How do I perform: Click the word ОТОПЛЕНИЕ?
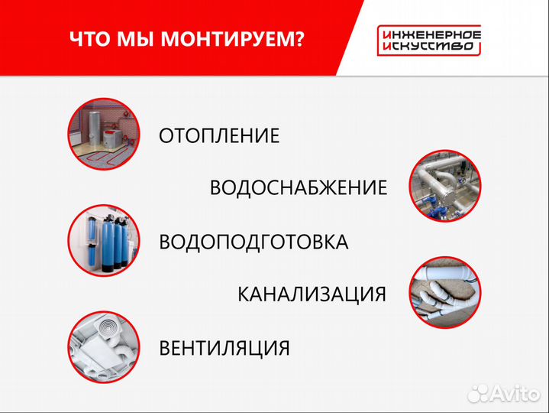pyautogui.click(x=219, y=136)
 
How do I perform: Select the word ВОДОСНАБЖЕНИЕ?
pyautogui.click(x=299, y=188)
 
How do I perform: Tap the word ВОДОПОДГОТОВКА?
pyautogui.click(x=254, y=242)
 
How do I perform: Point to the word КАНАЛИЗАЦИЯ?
pyautogui.click(x=312, y=294)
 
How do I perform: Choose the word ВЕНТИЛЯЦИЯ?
pyautogui.click(x=224, y=349)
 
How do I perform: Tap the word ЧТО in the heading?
pyautogui.click(x=89, y=39)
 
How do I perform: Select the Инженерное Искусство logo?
pyautogui.click(x=428, y=41)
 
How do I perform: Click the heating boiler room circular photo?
pyautogui.click(x=102, y=133)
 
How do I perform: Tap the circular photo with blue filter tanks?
pyautogui.click(x=102, y=239)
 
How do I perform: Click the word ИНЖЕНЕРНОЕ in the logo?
pyautogui.click(x=428, y=34)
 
